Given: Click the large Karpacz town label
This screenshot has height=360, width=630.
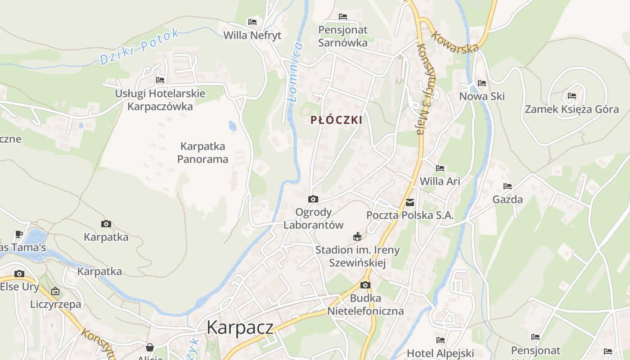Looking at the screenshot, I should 240,328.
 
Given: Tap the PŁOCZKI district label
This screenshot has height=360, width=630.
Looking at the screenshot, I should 336,120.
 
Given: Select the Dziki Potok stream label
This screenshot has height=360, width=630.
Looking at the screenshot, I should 139,46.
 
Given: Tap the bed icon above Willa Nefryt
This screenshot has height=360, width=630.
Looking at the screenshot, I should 252,22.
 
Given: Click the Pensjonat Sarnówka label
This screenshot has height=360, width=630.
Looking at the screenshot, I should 343,36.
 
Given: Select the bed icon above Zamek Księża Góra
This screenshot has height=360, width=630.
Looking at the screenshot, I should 572,96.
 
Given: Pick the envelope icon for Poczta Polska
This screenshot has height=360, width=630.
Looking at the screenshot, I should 410,202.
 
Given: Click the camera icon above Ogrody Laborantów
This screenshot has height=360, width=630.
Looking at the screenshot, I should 313,199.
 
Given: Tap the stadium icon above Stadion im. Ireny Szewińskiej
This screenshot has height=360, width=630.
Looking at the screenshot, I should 357,236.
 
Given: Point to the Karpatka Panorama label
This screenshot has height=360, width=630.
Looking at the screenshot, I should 202,153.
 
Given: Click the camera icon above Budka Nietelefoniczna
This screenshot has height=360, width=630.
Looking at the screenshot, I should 365,285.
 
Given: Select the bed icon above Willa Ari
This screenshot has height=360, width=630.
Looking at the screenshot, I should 440,168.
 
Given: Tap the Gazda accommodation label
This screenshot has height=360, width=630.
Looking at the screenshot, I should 508,199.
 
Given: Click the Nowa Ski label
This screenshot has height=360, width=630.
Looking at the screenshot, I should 482,96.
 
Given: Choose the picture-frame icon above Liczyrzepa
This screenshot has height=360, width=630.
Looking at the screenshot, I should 55,291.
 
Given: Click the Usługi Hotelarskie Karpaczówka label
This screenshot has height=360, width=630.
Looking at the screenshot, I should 160,100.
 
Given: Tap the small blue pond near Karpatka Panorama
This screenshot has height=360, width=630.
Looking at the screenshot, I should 233,126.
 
